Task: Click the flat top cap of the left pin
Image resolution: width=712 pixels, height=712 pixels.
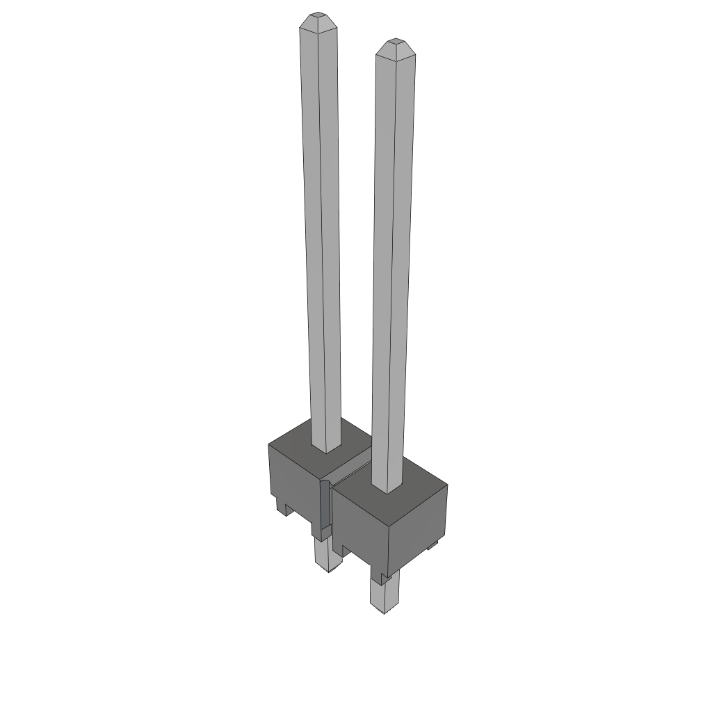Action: (x=318, y=15)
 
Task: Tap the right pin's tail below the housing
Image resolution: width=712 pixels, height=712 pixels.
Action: (x=385, y=594)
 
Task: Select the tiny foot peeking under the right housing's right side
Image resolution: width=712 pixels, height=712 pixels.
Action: (x=432, y=545)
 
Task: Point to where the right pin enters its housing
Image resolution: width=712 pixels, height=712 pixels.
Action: (x=386, y=489)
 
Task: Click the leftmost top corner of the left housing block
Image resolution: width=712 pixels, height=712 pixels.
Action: (x=269, y=443)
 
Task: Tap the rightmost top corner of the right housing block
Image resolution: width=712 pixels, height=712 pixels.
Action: (x=447, y=485)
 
